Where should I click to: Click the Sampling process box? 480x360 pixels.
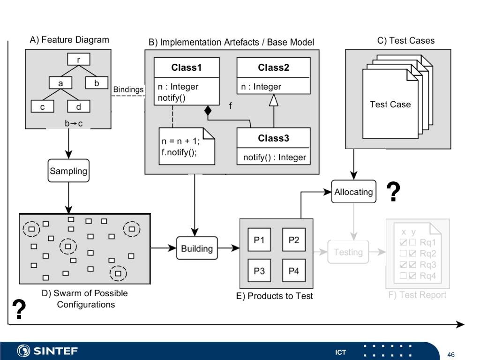(68, 171)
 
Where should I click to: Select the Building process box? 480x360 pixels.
(197, 248)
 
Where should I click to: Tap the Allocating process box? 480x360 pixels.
(353, 192)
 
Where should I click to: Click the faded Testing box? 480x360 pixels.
(348, 252)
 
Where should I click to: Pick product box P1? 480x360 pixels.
(259, 240)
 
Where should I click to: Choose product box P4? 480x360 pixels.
(293, 270)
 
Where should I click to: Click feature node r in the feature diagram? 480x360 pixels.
(79, 60)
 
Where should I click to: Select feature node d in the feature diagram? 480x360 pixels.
(79, 106)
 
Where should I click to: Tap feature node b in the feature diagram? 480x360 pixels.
(97, 83)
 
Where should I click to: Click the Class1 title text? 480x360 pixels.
(187, 67)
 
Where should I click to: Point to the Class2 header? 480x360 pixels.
(273, 67)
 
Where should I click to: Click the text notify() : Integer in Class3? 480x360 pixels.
(275, 157)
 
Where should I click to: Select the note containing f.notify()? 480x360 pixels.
(187, 146)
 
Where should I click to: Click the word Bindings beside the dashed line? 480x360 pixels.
(128, 90)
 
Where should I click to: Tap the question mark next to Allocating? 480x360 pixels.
(393, 192)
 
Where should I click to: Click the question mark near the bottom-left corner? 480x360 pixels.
(19, 309)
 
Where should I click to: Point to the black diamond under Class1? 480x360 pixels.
(208, 111)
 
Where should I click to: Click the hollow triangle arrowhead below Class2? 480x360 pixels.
(274, 100)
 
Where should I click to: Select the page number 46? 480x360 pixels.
(451, 354)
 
